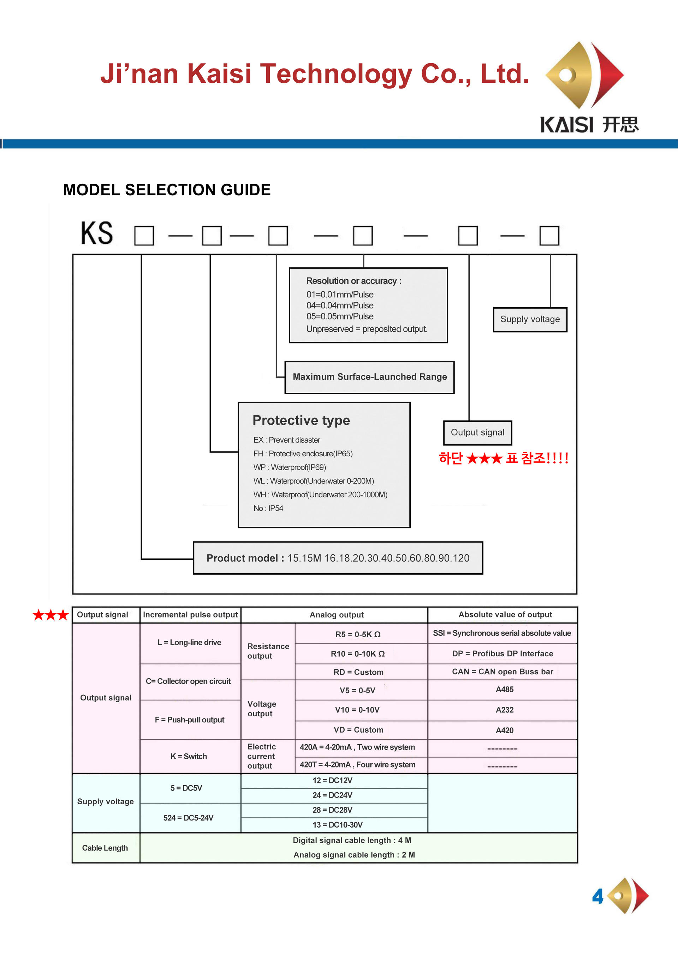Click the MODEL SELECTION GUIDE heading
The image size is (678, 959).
pos(167,190)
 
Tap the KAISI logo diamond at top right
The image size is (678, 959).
pos(584,75)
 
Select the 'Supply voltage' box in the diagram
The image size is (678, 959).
pos(530,320)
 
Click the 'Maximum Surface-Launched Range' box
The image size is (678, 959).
pos(369,377)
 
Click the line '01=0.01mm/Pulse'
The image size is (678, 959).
pos(340,295)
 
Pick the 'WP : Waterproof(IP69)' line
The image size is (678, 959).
pos(289,467)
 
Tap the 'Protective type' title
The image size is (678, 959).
pos(301,420)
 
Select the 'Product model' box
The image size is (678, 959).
pos(338,558)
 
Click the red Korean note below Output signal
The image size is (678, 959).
pos(504,458)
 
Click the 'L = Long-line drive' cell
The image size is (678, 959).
pos(190,643)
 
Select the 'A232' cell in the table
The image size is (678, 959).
pos(504,710)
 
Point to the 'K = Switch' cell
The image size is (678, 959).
pos(189,756)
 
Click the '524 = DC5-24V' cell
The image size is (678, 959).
pos(188,818)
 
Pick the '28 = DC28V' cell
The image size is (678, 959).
pos(332,810)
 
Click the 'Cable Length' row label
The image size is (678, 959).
pos(105,848)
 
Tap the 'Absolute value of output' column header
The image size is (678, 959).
pos(505,614)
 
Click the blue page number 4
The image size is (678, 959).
pos(598,896)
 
